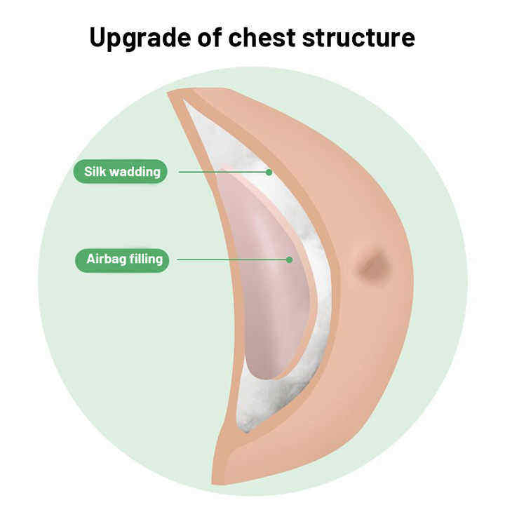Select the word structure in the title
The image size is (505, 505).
[x=365, y=37]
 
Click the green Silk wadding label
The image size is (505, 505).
[x=121, y=171]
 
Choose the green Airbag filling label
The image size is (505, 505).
[x=122, y=260]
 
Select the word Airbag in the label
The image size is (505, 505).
[x=105, y=260]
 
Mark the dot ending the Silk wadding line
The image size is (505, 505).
[x=269, y=171]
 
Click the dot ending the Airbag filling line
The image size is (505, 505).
[x=289, y=260]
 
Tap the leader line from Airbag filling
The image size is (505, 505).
[x=231, y=260]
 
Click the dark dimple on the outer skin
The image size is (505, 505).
[x=372, y=266]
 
